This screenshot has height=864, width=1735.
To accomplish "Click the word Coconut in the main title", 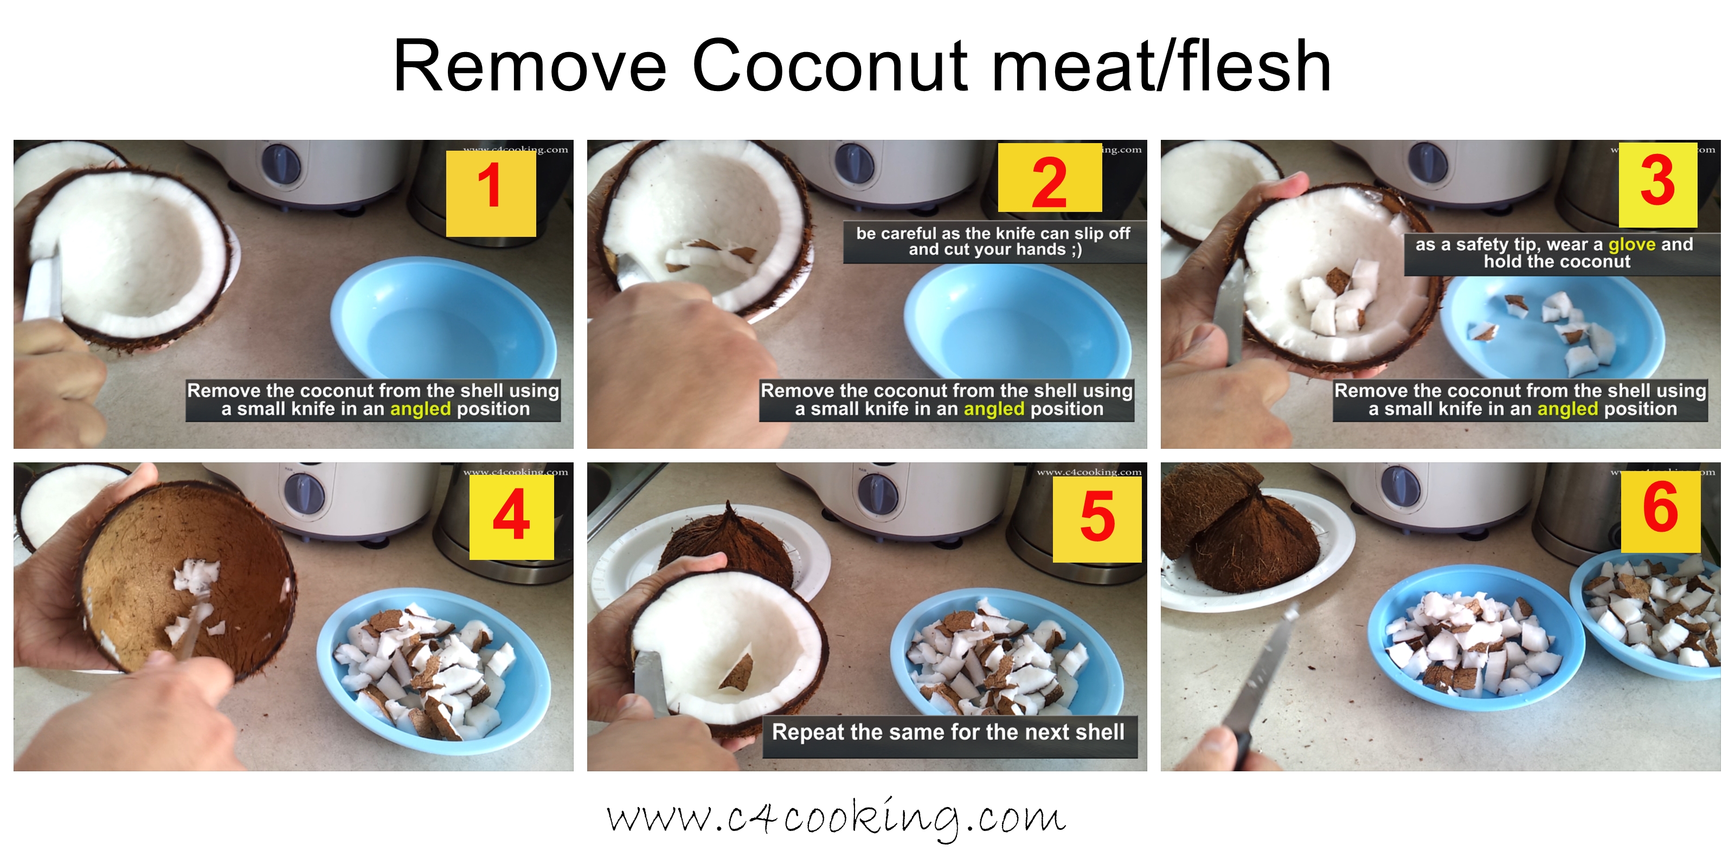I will coord(830,66).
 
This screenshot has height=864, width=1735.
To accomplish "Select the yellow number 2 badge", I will coord(1049,178).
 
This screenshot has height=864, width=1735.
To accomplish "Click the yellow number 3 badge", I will coord(1657,184).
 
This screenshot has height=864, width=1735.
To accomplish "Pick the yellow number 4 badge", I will coord(511,517).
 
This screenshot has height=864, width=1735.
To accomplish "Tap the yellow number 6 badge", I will coord(1660,512).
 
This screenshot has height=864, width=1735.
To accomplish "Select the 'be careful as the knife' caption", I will coord(993,242).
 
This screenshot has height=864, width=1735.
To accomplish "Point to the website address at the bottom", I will coord(835,818).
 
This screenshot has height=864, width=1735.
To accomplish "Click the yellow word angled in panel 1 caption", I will coord(420,409).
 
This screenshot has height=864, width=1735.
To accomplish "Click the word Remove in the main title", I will coord(529,66).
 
